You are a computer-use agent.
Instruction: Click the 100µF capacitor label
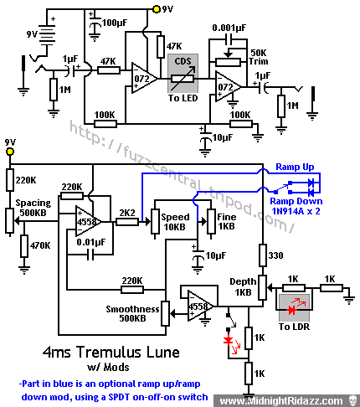115,23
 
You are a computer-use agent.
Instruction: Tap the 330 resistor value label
275,255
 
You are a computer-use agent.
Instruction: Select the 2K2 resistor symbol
127,222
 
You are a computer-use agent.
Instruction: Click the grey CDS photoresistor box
183,73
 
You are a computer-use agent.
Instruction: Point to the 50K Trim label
259,57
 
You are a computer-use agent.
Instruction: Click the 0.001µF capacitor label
229,28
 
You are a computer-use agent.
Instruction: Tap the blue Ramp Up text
295,167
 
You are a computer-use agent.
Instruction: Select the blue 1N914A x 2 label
296,211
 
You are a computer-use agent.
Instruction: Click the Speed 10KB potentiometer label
175,222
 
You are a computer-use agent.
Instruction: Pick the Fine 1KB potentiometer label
226,221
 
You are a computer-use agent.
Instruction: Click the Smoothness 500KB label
132,313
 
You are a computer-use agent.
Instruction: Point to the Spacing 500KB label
33,208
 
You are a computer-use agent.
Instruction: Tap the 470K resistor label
40,245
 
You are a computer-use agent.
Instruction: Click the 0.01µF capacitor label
91,242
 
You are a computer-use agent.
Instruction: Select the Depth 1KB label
243,286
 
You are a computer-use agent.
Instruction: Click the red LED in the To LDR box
292,310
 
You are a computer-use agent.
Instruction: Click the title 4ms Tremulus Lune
111,352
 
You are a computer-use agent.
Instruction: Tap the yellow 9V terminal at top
157,9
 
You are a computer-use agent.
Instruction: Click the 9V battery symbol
46,34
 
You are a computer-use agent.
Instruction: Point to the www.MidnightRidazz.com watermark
281,401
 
